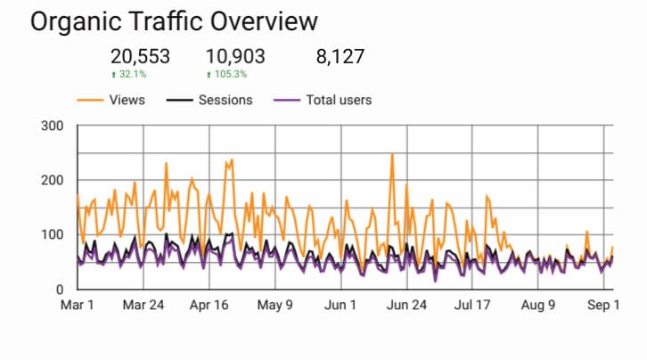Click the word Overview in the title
click(x=264, y=21)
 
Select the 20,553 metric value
click(x=140, y=56)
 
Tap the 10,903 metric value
click(x=235, y=56)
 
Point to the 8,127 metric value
click(x=340, y=56)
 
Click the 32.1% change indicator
click(x=128, y=74)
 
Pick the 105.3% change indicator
click(x=226, y=74)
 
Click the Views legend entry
click(x=111, y=100)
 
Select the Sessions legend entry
click(x=209, y=100)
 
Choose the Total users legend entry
click(x=323, y=100)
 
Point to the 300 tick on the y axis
click(x=53, y=126)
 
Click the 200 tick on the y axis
click(x=53, y=180)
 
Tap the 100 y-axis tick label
click(x=53, y=234)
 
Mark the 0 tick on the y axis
click(x=60, y=290)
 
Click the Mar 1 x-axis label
click(x=78, y=305)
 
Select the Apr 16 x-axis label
click(x=209, y=305)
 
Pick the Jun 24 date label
click(x=406, y=305)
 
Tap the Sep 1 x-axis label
click(x=603, y=305)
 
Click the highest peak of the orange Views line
click(x=392, y=154)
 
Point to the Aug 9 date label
click(x=538, y=305)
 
